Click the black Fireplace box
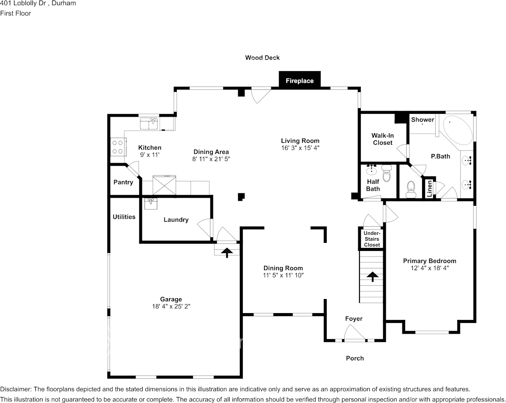point(299,79)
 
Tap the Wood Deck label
point(262,58)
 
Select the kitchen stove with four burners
point(118,147)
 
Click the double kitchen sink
point(149,124)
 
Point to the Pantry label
point(123,182)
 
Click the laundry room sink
point(150,204)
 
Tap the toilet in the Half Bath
point(386,173)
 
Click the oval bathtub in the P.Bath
point(457,130)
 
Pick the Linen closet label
point(429,188)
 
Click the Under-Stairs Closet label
point(372,239)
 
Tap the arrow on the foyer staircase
point(372,276)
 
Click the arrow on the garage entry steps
point(227,252)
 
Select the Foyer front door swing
point(355,332)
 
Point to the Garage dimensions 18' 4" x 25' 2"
point(171,306)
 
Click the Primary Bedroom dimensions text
point(429,268)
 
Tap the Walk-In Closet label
point(383,139)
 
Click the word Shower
point(423,120)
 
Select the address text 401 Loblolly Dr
point(23,3)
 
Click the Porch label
point(355,358)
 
